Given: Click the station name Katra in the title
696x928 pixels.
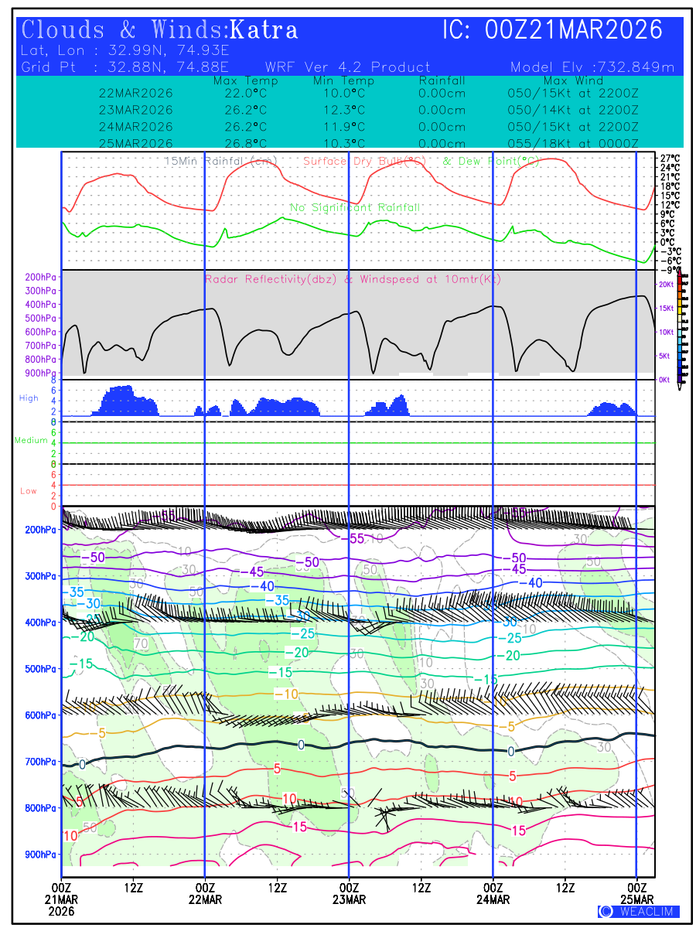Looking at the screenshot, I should [x=264, y=30].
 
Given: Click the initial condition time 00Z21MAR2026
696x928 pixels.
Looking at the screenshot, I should [x=574, y=30].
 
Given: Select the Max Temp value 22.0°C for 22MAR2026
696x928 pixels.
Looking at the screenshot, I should [x=241, y=94].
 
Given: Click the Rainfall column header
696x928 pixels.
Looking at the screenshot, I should [x=442, y=80].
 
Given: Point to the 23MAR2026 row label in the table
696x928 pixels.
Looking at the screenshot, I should [x=136, y=110].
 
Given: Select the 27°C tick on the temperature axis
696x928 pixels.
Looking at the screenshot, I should [x=670, y=159].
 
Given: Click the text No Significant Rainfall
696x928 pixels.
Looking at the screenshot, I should [x=355, y=208].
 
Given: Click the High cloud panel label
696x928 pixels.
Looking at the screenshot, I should [x=29, y=398].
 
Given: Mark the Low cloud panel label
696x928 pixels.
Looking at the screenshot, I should [x=29, y=491].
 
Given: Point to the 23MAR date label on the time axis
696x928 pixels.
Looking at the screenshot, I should [x=349, y=900].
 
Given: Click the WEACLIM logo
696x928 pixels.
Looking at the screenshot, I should [x=638, y=912].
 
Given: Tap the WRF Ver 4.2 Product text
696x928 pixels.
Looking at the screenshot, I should [x=347, y=67].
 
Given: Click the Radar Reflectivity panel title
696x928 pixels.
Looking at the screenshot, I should [x=353, y=279].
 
